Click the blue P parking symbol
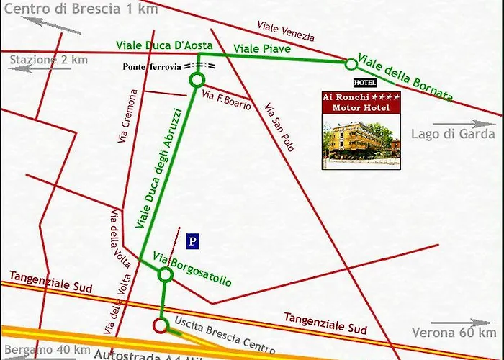tap(192, 241)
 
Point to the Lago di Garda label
tap(454, 134)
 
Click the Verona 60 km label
tap(454, 333)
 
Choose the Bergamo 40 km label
tap(42, 349)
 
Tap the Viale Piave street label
tap(262, 48)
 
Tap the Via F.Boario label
tap(227, 102)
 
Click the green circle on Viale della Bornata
tap(351, 64)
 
